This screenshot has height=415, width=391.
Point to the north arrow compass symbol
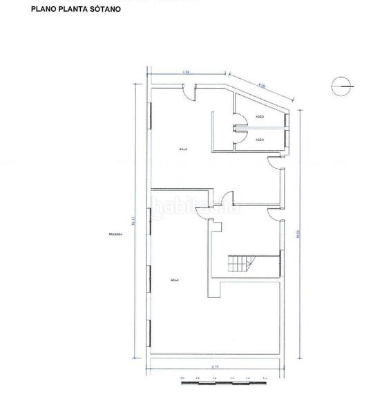click(340, 86)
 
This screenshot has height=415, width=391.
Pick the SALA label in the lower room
click(175, 279)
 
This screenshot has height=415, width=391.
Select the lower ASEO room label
click(260, 140)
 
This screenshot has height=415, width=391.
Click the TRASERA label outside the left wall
click(115, 234)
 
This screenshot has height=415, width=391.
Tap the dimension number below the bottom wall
click(216, 367)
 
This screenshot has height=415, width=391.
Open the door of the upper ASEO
click(239, 120)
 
